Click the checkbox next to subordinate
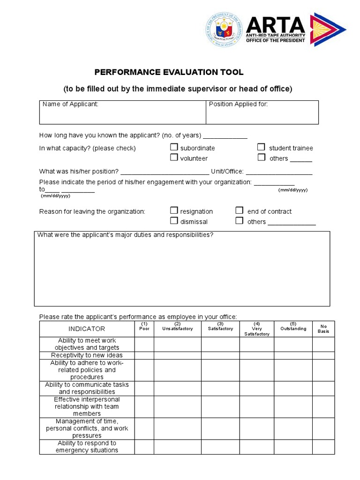(174, 147)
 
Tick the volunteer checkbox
(174, 157)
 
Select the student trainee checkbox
(262, 147)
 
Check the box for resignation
(174, 210)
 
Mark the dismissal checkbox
(174, 221)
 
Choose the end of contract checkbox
(240, 210)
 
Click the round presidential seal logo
(225, 29)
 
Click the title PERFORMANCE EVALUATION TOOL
(169, 72)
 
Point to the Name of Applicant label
(70, 104)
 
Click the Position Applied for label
(238, 104)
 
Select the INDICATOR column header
(87, 329)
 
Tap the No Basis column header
(323, 329)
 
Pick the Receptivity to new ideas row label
(87, 355)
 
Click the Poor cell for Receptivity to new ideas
(144, 355)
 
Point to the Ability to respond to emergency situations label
(87, 447)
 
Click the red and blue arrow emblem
(328, 29)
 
